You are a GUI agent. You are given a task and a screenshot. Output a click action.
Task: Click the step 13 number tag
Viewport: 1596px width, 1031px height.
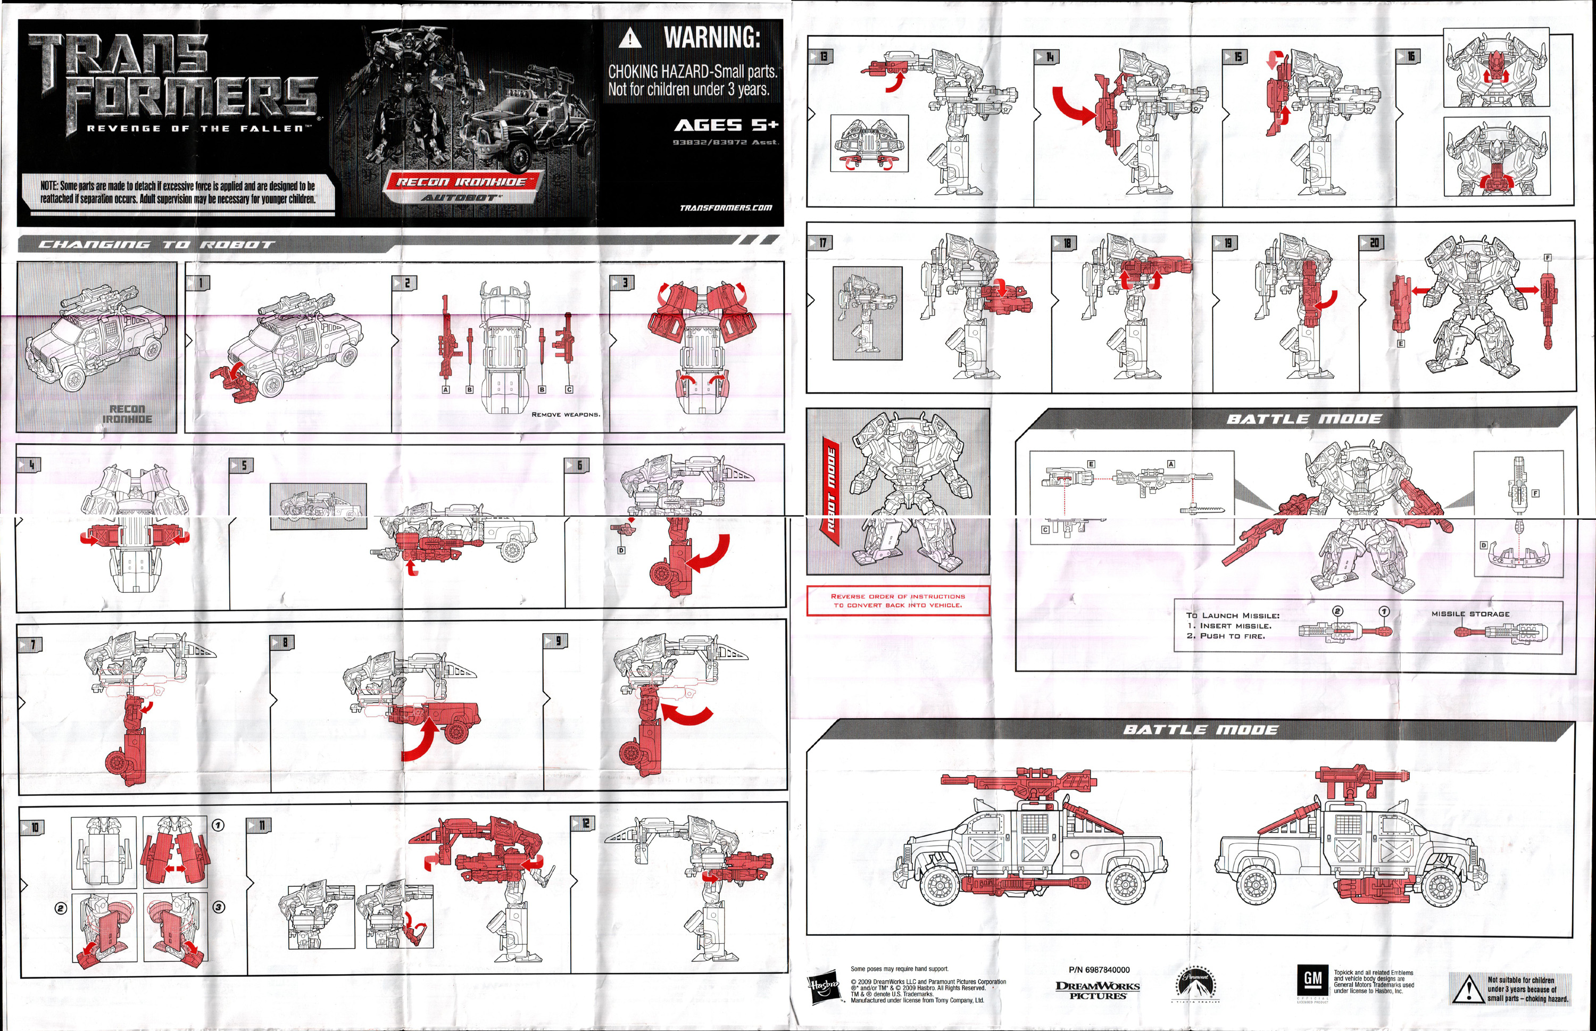(x=821, y=57)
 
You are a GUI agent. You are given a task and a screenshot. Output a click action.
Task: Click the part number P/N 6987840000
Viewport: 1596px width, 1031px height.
(x=1099, y=969)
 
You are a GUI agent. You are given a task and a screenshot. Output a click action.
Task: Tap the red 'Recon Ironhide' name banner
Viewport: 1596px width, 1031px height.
(x=461, y=181)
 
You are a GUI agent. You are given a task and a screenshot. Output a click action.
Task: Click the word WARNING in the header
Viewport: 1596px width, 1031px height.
(x=712, y=37)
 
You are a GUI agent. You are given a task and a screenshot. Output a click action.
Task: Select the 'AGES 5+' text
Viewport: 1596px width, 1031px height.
(x=726, y=125)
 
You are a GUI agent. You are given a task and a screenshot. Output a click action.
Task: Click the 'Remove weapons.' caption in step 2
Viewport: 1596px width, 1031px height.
(x=566, y=414)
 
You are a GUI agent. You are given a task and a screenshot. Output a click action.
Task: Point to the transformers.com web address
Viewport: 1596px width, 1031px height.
(x=726, y=207)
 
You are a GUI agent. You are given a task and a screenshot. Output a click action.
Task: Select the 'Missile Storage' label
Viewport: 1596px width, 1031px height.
(x=1470, y=614)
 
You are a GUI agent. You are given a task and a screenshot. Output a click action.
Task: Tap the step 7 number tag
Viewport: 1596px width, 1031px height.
(x=31, y=644)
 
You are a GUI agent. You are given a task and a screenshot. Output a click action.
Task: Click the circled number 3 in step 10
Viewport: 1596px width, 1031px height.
(x=218, y=907)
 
